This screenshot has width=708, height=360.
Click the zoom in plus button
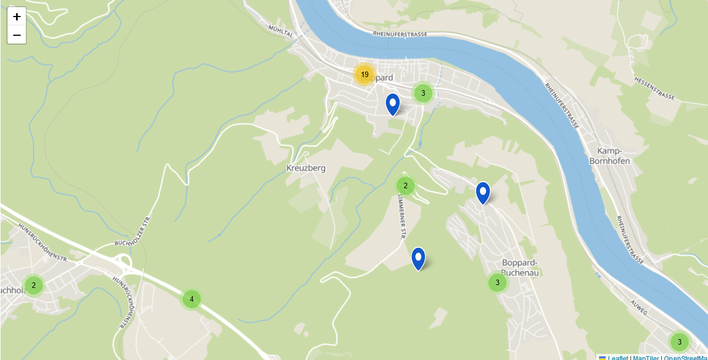tap(17, 17)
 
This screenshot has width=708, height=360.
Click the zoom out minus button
tap(17, 35)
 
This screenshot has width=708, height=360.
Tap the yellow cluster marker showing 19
tap(364, 74)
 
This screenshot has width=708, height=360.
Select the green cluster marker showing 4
tap(191, 299)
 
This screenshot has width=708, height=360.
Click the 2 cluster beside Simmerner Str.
tap(405, 186)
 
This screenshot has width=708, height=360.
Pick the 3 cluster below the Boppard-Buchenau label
tap(497, 282)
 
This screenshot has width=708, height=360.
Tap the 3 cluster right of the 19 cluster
tap(423, 93)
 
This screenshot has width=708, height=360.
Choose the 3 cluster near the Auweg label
tap(679, 342)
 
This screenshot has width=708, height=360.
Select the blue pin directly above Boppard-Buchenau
tap(482, 193)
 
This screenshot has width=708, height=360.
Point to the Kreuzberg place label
tap(306, 168)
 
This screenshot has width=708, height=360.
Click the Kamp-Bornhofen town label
tap(609, 156)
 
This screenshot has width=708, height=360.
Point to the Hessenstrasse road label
tap(654, 88)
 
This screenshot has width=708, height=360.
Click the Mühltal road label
tap(281, 30)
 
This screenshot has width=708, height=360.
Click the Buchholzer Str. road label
tap(133, 232)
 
